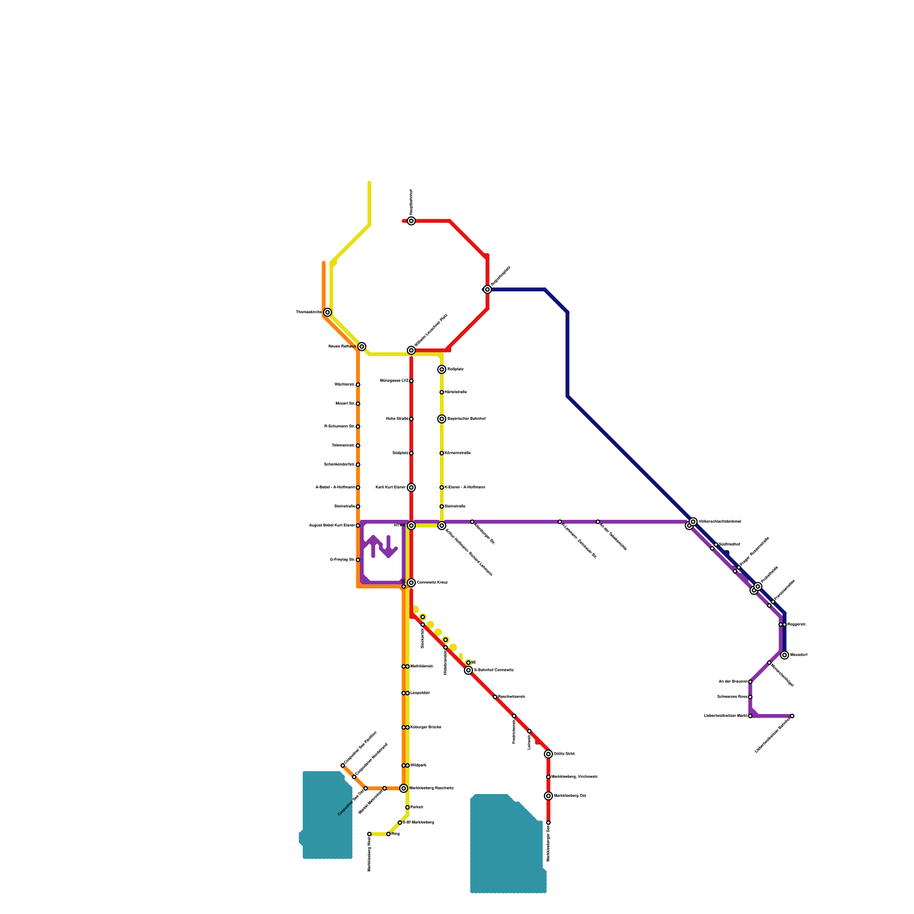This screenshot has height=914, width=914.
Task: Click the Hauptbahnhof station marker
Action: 411,221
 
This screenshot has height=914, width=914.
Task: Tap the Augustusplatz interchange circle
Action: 487,290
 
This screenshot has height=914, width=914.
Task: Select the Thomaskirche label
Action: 308,312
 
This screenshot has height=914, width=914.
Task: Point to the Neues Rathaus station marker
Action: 362,347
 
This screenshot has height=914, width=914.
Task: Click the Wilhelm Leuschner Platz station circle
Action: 411,350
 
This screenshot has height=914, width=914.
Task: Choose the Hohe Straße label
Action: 397,419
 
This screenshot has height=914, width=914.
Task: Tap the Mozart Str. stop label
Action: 345,404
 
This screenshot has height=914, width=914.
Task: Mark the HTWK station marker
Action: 411,526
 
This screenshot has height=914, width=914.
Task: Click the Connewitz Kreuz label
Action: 432,583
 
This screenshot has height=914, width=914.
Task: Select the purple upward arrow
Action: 374,546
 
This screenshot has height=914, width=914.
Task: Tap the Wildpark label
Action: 419,765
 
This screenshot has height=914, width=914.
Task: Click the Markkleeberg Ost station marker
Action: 548,796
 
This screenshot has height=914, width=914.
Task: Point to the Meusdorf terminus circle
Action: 784,655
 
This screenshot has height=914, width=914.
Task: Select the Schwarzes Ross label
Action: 732,697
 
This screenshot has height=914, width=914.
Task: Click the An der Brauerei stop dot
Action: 750,682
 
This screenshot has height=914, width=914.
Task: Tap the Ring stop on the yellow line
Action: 388,834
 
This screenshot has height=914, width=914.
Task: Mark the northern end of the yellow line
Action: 370,183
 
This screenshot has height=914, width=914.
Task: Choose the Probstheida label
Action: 769,575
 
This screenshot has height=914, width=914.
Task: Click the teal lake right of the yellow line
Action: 506,845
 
